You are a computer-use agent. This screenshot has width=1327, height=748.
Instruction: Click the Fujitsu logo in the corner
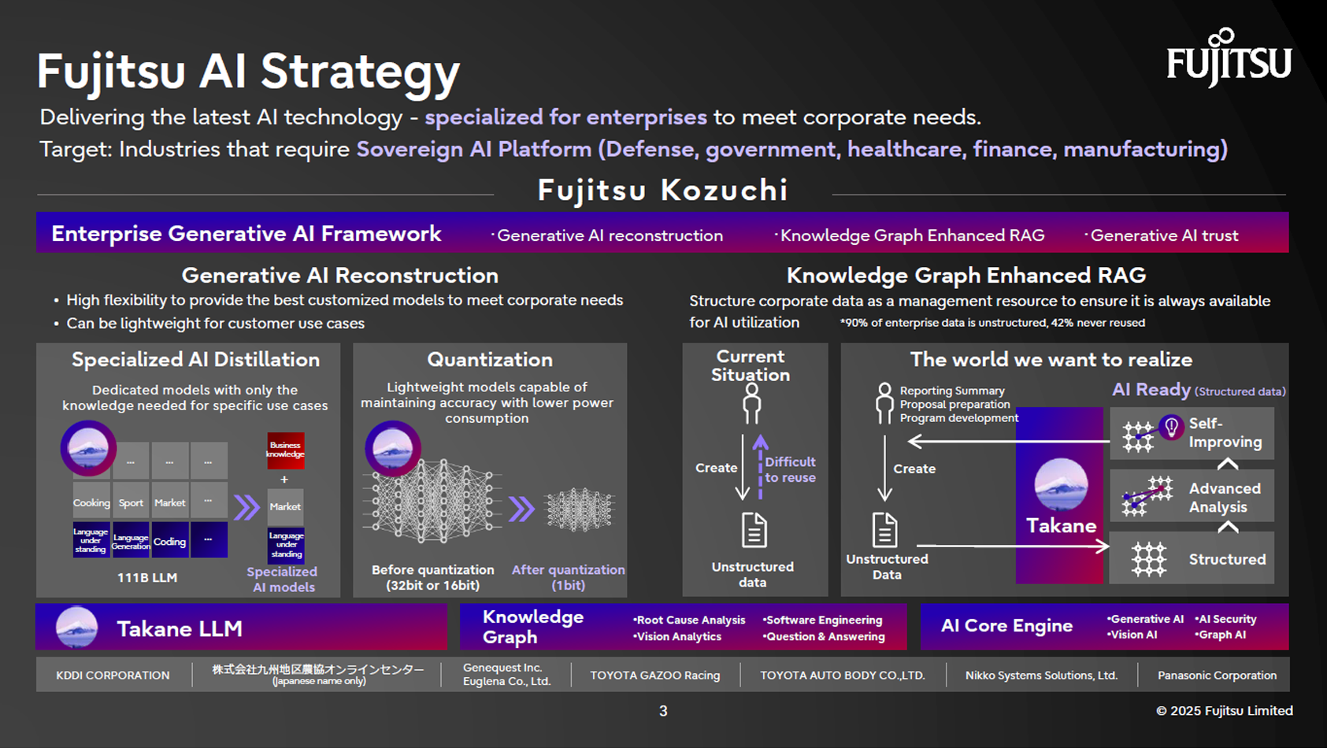1229,58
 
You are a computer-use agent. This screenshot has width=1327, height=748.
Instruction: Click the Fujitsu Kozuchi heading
662,191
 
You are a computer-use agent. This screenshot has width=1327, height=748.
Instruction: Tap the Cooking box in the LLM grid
91,502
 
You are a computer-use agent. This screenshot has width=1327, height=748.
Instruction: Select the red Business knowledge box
285,450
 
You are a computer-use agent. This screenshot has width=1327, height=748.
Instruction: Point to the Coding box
169,541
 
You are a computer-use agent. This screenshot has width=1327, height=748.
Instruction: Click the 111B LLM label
147,577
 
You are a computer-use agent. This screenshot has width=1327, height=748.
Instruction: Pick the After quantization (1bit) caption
568,577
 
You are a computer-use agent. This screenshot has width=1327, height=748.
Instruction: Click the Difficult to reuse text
790,469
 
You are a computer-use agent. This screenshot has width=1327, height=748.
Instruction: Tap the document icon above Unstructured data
754,530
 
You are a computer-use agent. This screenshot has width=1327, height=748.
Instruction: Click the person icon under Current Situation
752,404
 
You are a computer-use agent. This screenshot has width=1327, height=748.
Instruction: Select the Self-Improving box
1192,433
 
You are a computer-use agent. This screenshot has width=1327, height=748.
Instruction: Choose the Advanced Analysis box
1192,497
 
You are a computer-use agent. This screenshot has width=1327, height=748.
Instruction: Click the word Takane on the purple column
1061,526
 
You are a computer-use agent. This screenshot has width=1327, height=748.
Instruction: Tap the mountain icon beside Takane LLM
77,628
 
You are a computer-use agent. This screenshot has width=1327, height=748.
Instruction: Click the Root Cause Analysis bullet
690,620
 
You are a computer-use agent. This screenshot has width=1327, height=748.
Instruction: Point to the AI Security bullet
1226,619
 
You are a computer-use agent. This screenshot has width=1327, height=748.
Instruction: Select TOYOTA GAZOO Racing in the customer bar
655,675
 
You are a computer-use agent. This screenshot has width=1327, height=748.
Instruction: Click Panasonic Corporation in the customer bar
1217,675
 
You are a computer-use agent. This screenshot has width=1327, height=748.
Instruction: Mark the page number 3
663,711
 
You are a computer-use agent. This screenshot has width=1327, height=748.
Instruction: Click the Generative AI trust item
1163,235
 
